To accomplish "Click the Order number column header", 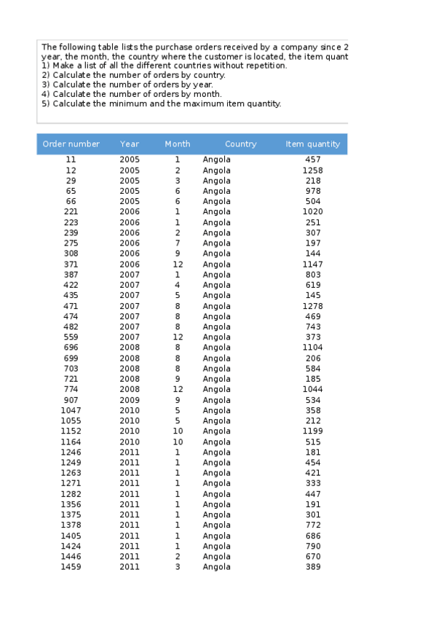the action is [71, 144].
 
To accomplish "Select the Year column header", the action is [130, 144].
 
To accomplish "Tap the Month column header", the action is [177, 144].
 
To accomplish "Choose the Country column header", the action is [240, 144].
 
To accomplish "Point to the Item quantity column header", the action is [313, 144].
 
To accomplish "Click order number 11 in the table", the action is [71, 160].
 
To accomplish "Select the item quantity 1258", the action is [313, 171].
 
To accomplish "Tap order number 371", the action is [71, 265].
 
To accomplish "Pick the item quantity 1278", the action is [313, 306].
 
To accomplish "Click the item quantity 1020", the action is [313, 212].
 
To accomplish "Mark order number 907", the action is [71, 400].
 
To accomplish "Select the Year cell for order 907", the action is [130, 400].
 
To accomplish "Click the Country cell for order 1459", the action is [216, 567].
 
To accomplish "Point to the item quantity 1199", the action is [313, 431].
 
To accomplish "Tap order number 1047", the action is [71, 410].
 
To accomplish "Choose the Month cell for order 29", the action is [177, 181].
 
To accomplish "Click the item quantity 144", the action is [313, 254].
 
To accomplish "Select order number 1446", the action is [71, 557].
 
